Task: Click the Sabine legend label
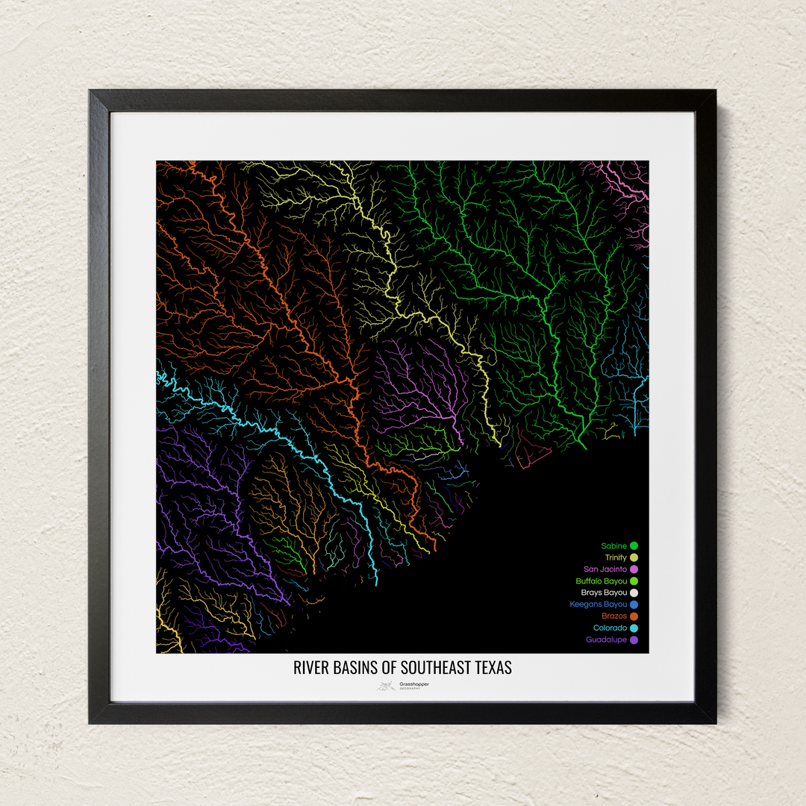tap(614, 546)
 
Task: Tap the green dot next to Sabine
tap(634, 546)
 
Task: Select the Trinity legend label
tap(616, 557)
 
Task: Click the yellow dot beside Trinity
tap(634, 557)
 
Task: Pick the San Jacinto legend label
tap(605, 569)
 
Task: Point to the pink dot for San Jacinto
tap(634, 569)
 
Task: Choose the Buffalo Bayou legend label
tap(602, 581)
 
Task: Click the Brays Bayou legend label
tap(604, 593)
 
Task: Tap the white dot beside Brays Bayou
tap(634, 593)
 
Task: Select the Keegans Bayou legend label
tap(599, 604)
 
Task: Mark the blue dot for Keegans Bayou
tap(634, 604)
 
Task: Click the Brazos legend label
tap(614, 616)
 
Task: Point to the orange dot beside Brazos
tap(634, 616)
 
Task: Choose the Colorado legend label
tap(610, 628)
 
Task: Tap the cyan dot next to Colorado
tap(634, 628)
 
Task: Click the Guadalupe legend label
tap(607, 640)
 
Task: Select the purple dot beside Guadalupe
tap(634, 640)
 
